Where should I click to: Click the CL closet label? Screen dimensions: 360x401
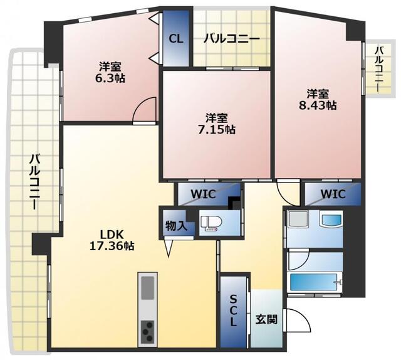coord(176,38)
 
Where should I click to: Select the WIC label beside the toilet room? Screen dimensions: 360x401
coord(202,194)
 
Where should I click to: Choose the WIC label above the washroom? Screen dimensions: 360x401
coord(332,194)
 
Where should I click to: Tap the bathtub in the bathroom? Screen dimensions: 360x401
coord(316,280)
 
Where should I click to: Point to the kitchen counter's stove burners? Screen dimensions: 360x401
coord(148,330)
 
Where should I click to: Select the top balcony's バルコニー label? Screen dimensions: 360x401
coord(231,39)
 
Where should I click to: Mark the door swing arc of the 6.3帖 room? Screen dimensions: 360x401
coord(145,109)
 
